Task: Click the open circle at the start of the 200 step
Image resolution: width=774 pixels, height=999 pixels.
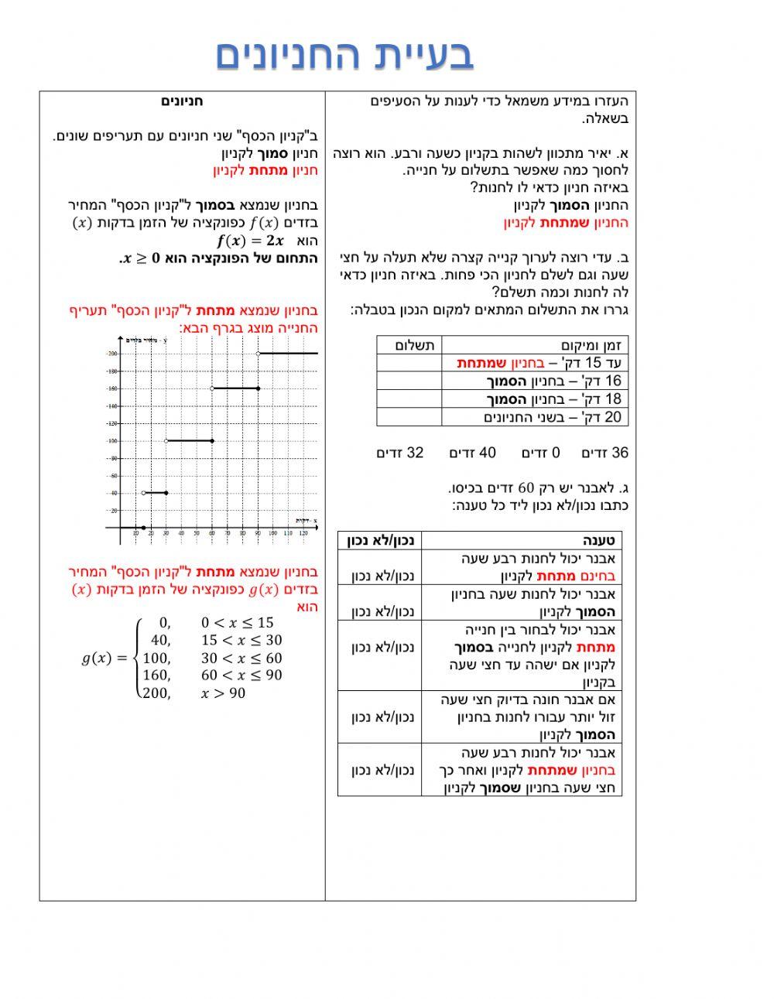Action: pos(259,354)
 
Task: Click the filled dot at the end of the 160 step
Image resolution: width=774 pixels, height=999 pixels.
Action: pos(258,388)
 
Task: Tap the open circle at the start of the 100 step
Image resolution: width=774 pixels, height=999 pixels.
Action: pos(166,441)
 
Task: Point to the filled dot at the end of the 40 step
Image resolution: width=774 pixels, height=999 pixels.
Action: pos(166,493)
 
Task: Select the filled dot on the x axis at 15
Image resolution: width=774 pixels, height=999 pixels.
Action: pos(143,528)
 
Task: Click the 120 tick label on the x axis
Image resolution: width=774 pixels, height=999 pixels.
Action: pos(303,533)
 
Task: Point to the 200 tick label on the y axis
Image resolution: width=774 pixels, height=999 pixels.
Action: pos(112,354)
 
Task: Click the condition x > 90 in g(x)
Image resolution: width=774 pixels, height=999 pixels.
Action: pos(223,693)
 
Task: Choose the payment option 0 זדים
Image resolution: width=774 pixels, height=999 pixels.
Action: pos(540,453)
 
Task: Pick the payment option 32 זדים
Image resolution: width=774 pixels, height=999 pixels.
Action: pos(400,453)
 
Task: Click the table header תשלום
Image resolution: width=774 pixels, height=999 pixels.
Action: pos(415,345)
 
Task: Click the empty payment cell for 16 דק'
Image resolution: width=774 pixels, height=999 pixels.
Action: pos(409,381)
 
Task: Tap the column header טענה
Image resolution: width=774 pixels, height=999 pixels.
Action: pos(598,541)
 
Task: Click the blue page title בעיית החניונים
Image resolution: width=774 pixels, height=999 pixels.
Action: pos(344,56)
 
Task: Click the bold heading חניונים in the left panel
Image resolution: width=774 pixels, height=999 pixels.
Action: pos(183,101)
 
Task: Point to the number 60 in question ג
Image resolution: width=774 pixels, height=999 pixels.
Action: pos(526,488)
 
